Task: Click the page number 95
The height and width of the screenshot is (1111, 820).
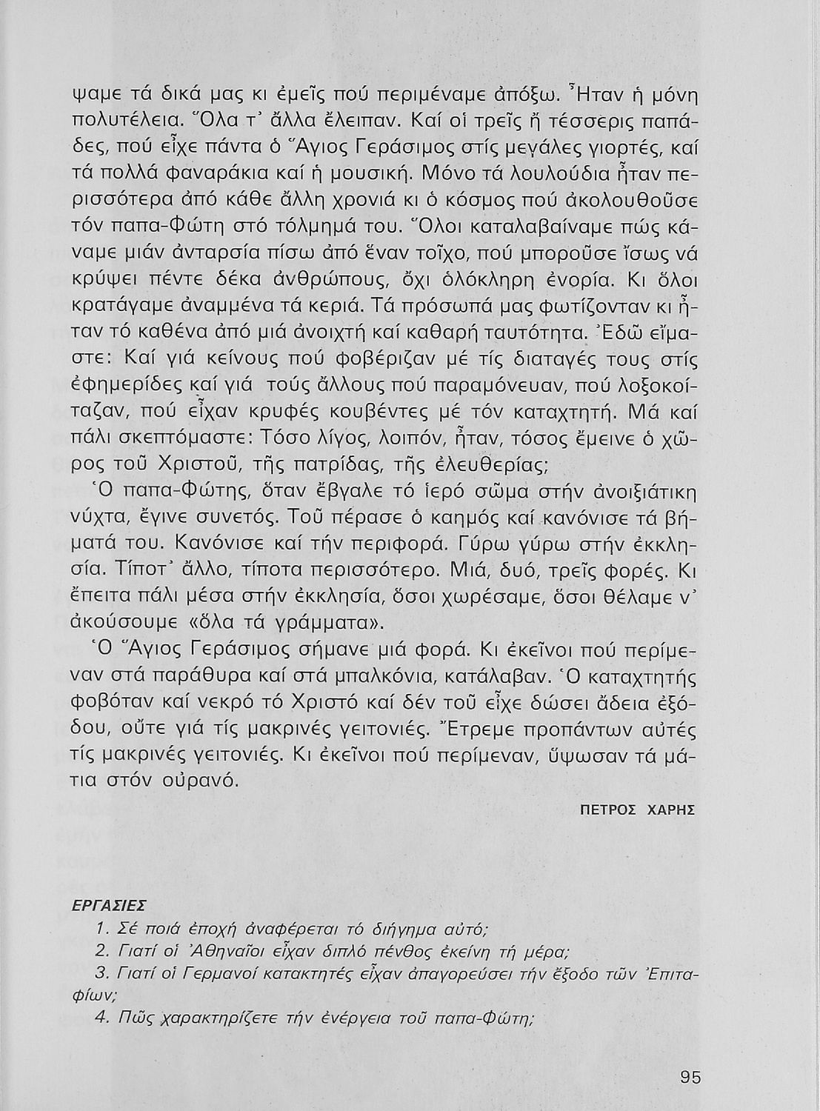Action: [x=690, y=1078]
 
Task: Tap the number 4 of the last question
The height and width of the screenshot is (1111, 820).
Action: [x=101, y=1017]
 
